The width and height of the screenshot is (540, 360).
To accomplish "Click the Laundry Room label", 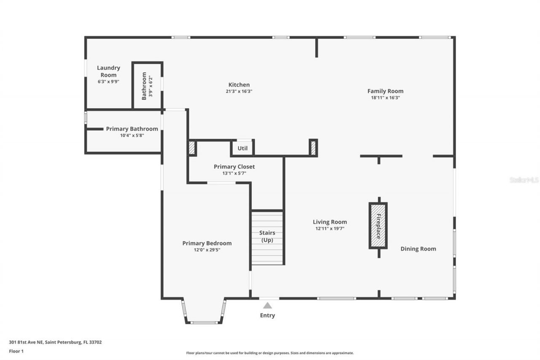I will coord(108,71).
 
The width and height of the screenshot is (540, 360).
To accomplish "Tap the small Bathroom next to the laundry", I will coord(147,86).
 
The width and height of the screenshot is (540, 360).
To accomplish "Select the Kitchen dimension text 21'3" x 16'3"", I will coord(239,91).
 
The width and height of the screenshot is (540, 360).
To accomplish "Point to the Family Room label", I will coord(385,91).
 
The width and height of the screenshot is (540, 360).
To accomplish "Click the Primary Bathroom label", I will coord(132,129).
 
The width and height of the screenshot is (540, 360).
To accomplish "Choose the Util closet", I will coord(243,148).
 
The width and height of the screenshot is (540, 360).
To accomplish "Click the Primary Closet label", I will coord(234,167).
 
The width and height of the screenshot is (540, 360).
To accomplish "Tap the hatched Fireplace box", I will coord(378,226).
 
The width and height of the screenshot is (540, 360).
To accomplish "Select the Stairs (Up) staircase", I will coord(267,237).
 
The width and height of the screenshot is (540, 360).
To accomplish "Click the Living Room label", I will coord(329,222).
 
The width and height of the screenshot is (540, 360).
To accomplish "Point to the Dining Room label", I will coord(418,249).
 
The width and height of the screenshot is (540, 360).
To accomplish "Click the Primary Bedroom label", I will coord(207,243).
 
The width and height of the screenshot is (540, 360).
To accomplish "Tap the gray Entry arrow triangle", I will coord(267,306).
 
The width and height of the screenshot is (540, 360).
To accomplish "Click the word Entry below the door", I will coord(267,315).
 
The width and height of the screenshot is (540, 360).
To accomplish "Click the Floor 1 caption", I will coord(16,351).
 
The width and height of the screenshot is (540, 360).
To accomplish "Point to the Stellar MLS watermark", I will coord(524,180).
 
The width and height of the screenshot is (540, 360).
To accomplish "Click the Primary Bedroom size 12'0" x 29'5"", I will coord(207,250).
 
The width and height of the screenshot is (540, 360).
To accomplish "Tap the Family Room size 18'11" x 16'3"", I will coord(385,97).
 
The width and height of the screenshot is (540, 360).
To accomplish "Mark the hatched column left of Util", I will coord(192,148).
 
